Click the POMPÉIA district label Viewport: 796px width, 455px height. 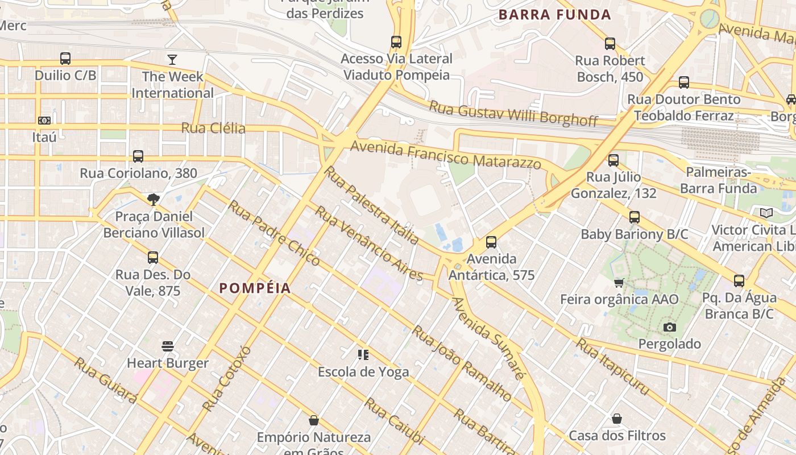[255, 288]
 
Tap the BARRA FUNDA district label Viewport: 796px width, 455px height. [554, 15]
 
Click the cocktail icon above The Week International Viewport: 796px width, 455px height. [172, 60]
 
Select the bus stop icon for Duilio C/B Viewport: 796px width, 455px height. [65, 59]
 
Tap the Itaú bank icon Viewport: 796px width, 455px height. [44, 121]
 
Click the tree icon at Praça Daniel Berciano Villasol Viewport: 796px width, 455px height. [153, 199]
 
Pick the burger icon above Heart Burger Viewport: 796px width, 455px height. [168, 346]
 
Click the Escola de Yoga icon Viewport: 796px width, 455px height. [363, 355]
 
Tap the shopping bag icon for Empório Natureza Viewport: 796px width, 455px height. [313, 421]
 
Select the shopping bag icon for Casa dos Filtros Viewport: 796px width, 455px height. [617, 419]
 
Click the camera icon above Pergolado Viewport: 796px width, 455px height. [670, 327]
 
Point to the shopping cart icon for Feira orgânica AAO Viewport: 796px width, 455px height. [619, 283]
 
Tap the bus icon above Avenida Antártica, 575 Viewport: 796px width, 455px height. [491, 242]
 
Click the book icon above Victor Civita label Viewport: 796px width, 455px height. [766, 213]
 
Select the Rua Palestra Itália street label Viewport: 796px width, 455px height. [371, 205]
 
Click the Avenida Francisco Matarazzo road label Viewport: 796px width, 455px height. [446, 155]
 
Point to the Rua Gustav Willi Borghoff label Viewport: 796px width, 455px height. [513, 113]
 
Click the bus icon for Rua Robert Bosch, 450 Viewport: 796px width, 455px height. [610, 43]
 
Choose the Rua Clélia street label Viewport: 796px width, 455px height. [213, 128]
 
